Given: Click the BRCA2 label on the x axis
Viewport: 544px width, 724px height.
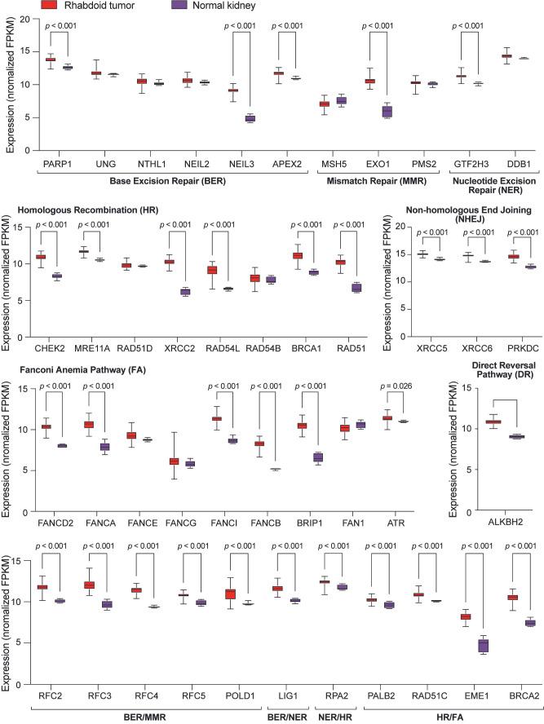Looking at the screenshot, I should (x=519, y=696).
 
